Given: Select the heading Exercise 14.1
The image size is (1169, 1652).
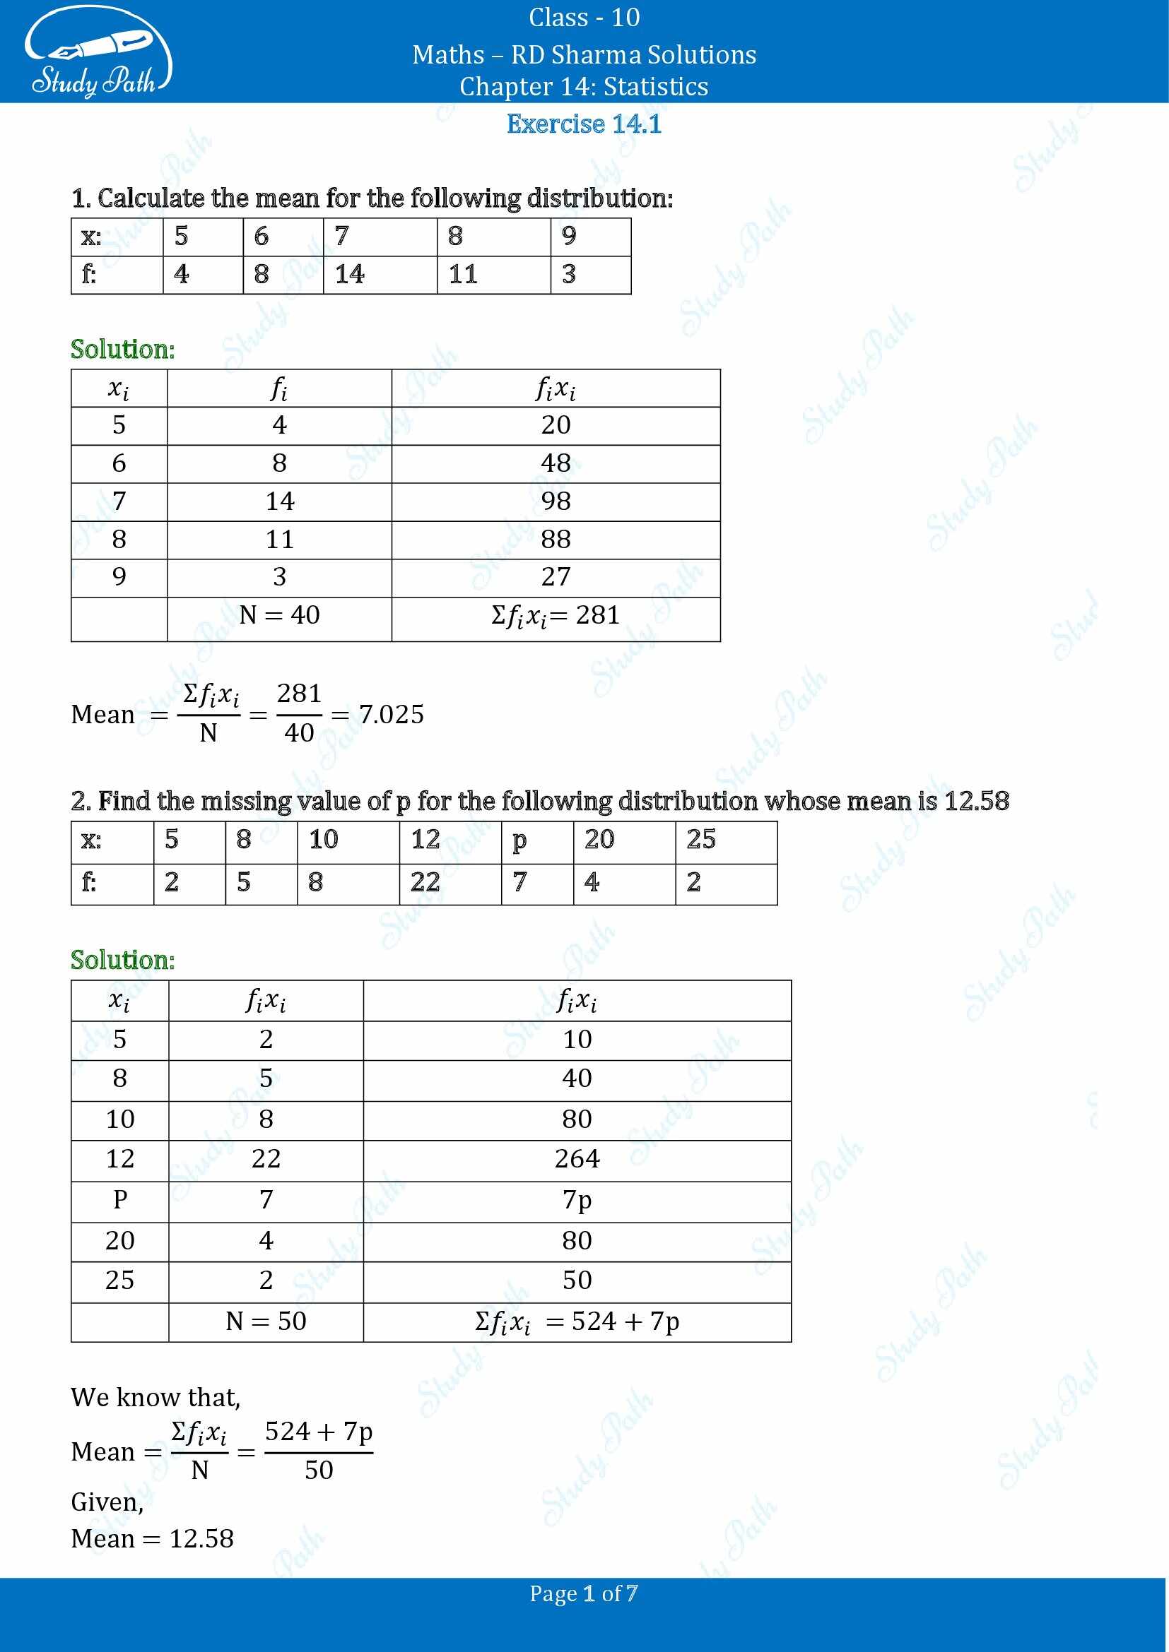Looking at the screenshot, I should coord(584,124).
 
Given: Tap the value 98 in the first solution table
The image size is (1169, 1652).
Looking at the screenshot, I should coord(556,501).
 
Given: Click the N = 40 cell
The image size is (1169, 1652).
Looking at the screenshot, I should coord(279,615).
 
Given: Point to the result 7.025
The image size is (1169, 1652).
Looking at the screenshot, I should coord(391,715).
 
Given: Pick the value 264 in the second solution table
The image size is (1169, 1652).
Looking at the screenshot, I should coord(577,1159).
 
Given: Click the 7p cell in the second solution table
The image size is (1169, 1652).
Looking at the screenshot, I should coord(577,1200).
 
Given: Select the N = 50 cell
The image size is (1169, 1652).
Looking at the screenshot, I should coord(266,1321).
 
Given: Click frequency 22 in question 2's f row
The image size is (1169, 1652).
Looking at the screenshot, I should coord(425,883).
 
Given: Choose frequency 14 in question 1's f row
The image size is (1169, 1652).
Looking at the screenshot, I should coord(350,274).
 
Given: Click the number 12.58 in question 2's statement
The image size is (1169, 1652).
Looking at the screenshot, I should coord(976,802).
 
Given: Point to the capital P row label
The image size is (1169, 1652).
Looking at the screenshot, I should coord(119,1200).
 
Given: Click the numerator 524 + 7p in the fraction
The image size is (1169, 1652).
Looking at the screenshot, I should coord(318,1432).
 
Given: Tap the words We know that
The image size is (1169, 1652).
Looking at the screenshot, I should coord(155,1397).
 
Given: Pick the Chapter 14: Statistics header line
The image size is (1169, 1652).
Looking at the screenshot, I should coord(584,87).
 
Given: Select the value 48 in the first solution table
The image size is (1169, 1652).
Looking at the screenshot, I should coord(556,463).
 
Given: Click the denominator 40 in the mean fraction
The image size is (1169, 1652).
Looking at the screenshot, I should coord(299,733).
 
